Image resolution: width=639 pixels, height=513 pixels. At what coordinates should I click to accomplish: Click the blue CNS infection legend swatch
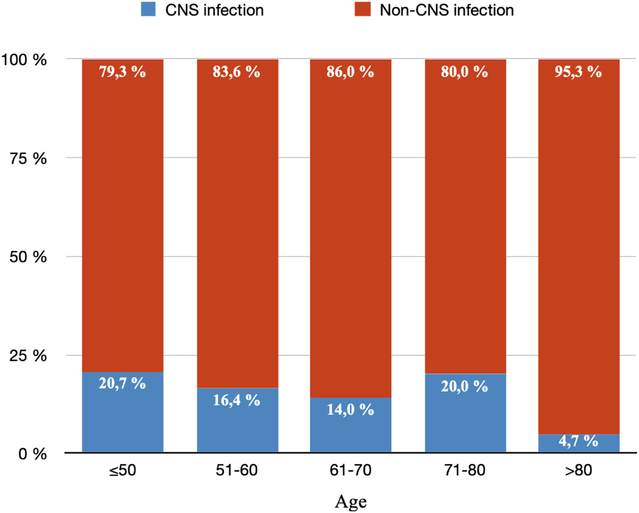point(148,9)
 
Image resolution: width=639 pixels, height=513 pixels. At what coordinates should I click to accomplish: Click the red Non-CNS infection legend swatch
point(362,9)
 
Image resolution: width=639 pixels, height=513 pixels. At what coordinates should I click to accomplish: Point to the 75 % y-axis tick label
point(28,158)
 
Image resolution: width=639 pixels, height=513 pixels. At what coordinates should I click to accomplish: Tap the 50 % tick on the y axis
point(28,257)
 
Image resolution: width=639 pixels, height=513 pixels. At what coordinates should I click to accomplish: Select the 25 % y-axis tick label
point(28,356)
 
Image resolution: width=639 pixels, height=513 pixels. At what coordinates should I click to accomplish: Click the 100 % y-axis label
point(24,60)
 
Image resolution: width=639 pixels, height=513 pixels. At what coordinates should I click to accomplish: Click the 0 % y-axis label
point(32,454)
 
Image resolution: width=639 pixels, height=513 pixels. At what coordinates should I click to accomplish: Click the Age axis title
point(351,502)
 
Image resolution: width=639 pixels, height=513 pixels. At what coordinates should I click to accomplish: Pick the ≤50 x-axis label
point(122,470)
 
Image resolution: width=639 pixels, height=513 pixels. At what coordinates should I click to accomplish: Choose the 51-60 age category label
point(236,470)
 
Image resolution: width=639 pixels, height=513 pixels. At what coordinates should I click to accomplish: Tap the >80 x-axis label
point(578,470)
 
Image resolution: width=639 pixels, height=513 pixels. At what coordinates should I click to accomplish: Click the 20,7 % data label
point(122,383)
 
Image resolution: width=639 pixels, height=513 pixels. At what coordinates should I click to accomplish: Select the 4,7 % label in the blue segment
point(578,441)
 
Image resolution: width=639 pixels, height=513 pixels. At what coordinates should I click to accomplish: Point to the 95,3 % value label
point(578,72)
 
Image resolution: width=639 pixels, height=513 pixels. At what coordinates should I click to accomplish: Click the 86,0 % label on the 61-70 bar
point(350,72)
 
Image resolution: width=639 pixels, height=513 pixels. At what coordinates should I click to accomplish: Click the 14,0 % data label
point(350,410)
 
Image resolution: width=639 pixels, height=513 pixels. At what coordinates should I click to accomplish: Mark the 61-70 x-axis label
point(350,470)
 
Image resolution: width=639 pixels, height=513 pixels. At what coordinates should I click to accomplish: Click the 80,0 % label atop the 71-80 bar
point(464,72)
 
